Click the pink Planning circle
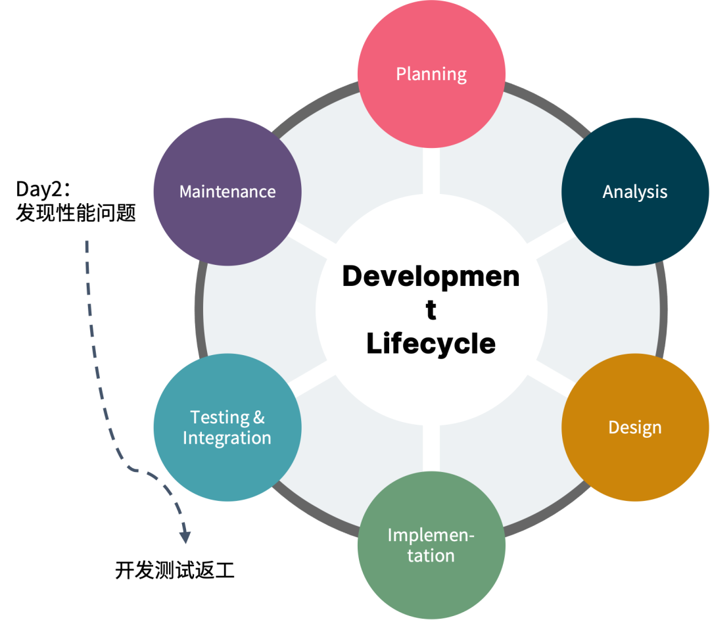point(431,74)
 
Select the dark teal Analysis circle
point(635,191)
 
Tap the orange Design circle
point(635,427)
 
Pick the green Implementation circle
point(431,545)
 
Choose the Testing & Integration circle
point(227,427)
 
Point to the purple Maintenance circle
point(227,191)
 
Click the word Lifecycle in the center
point(431,343)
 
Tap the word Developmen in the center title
point(431,277)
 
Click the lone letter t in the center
point(431,310)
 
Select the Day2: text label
point(43,189)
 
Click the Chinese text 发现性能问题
point(76,213)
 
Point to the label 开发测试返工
point(175,570)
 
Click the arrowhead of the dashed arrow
point(185,537)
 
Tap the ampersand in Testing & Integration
point(259,417)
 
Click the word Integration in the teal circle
point(227,439)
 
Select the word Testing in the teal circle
point(220,417)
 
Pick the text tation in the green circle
point(431,556)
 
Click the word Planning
point(431,74)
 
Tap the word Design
point(635,427)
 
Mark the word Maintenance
point(227,191)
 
